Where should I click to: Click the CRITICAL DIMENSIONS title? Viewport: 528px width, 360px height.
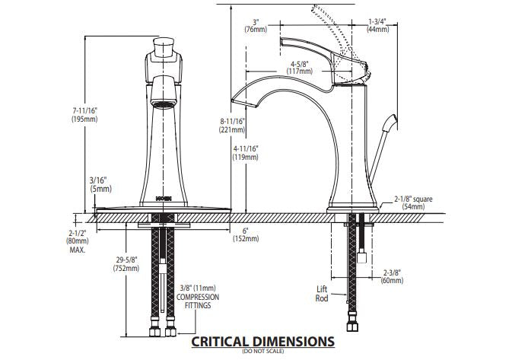(x=262, y=341)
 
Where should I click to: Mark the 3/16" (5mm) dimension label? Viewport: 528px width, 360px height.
(x=100, y=183)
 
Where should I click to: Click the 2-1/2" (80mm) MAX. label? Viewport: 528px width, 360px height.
(x=77, y=241)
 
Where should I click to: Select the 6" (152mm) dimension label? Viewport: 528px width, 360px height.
(x=246, y=234)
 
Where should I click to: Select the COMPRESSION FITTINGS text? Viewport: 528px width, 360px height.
(x=199, y=301)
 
